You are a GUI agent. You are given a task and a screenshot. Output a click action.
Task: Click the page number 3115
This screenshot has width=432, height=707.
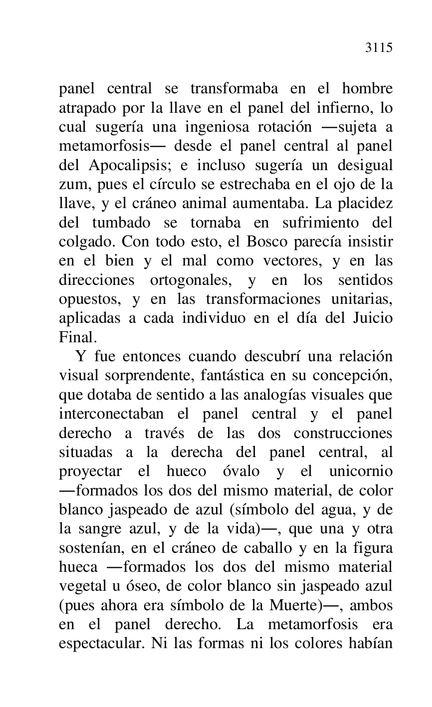(x=379, y=48)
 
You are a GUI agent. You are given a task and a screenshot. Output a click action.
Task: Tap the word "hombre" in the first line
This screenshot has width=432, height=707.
(x=367, y=89)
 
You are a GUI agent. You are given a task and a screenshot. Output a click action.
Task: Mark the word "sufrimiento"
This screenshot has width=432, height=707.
(x=310, y=222)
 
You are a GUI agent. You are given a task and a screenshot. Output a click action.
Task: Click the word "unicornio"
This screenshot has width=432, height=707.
(x=361, y=471)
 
